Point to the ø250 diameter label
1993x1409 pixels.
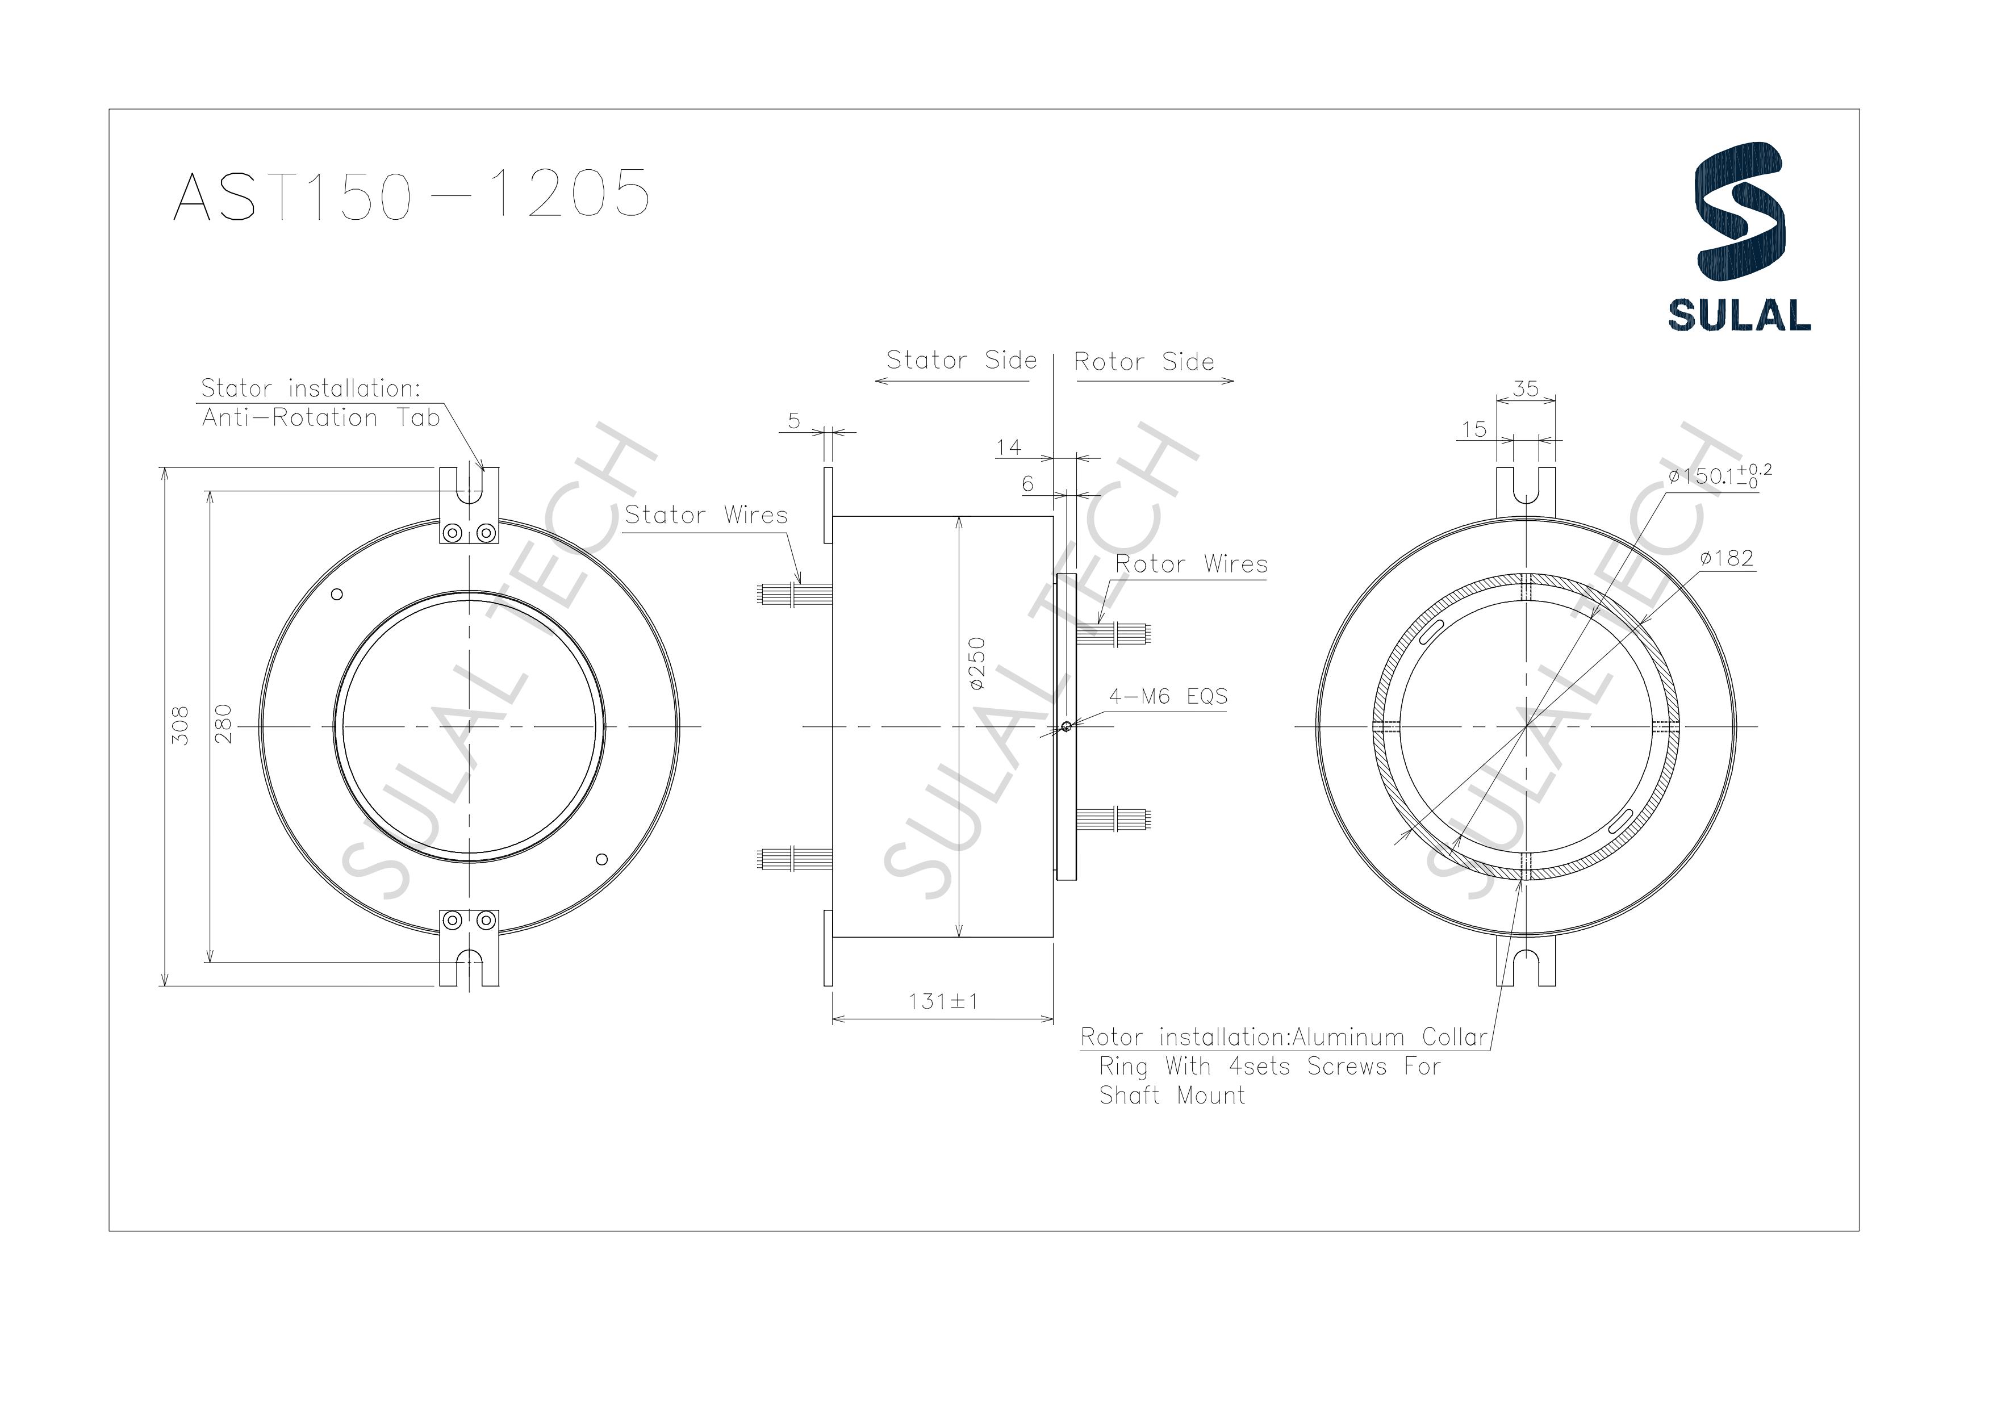(977, 664)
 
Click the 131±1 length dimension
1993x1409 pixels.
(943, 1001)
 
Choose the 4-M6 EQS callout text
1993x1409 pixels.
(1168, 696)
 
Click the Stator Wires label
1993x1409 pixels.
(706, 515)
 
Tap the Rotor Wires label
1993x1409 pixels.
(1191, 565)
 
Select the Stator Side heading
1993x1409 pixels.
(961, 360)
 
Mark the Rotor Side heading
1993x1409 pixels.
(1143, 362)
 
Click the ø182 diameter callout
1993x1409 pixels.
(1727, 558)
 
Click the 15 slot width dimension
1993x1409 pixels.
(1473, 429)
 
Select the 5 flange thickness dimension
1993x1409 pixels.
(793, 421)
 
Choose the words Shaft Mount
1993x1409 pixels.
(1171, 1096)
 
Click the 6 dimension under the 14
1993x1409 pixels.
(1028, 483)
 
